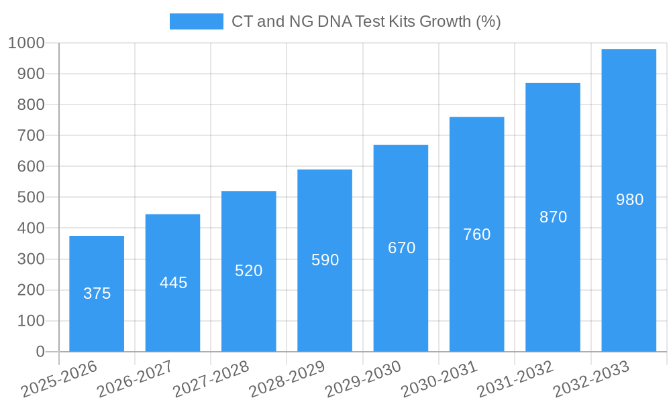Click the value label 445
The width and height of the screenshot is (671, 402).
(x=173, y=283)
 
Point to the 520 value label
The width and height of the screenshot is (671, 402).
(x=248, y=271)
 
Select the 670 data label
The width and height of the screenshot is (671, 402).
(x=401, y=248)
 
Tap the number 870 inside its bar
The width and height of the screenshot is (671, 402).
(x=553, y=217)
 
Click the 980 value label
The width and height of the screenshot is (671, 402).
(x=629, y=200)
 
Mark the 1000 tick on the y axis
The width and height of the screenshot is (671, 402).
(x=26, y=43)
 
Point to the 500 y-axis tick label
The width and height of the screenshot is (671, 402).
(x=31, y=198)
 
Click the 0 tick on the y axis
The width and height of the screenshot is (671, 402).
(x=40, y=352)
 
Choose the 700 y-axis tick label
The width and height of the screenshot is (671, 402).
(x=31, y=135)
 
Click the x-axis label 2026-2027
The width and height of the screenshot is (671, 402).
(x=135, y=379)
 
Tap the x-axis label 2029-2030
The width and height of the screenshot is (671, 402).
(x=363, y=379)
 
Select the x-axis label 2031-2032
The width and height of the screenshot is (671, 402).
(x=515, y=379)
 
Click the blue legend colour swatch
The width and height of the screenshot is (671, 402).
(x=196, y=21)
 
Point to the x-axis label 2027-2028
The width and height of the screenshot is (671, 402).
(x=211, y=379)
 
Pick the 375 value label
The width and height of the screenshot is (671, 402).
(x=97, y=293)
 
